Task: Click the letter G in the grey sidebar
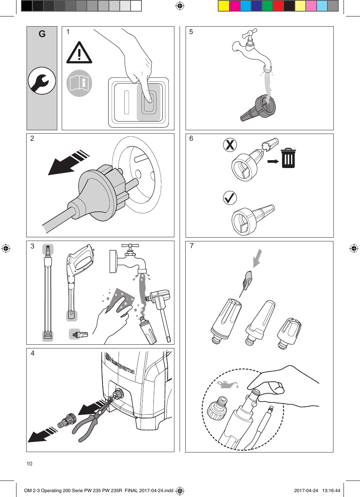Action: coord(42,34)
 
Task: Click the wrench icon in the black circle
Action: coord(42,81)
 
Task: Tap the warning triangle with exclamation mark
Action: coord(79,54)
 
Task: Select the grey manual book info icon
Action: coord(79,83)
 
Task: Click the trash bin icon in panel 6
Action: coord(288,158)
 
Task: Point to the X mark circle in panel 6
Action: coord(230,144)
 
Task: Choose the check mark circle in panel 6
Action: coord(230,198)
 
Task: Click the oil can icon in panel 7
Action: coord(228,385)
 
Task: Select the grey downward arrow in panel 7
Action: coord(257,258)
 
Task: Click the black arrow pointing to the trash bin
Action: coord(273,161)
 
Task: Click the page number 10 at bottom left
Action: coord(29,464)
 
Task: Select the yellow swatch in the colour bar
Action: coord(223,6)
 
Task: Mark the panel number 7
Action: coord(192,246)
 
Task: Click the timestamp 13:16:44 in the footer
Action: coord(331,490)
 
